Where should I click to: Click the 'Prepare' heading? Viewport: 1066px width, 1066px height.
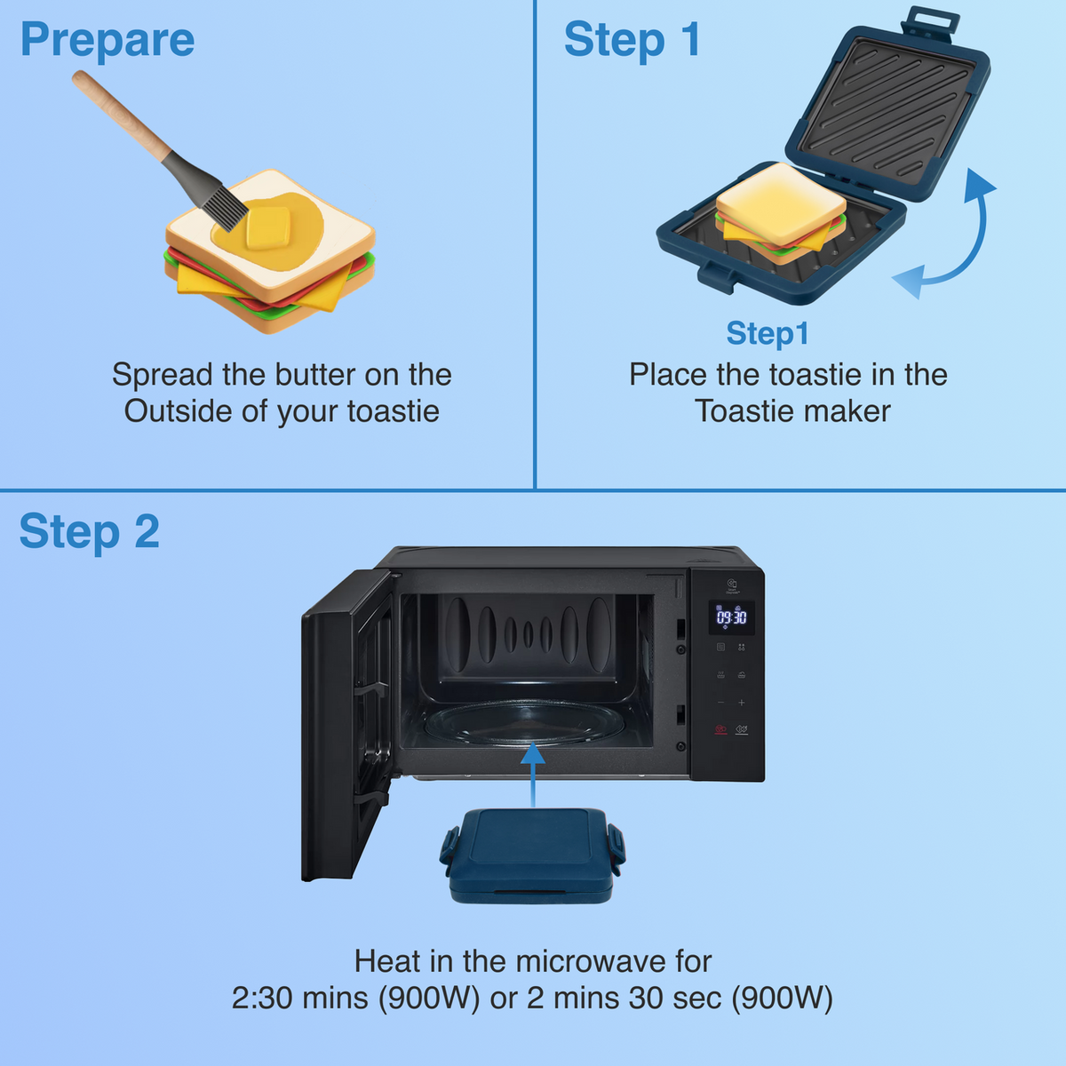(x=107, y=41)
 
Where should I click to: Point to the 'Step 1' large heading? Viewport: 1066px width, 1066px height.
(x=632, y=41)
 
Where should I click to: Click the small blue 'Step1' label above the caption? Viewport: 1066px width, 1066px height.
(x=768, y=333)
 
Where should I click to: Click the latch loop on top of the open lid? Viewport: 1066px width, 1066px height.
(x=930, y=20)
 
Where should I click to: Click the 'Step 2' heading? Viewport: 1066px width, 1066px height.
(x=89, y=532)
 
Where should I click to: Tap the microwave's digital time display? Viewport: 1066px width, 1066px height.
(x=731, y=617)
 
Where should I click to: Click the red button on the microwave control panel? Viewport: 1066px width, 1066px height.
(x=720, y=729)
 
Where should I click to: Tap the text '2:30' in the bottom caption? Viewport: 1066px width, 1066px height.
(x=262, y=998)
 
